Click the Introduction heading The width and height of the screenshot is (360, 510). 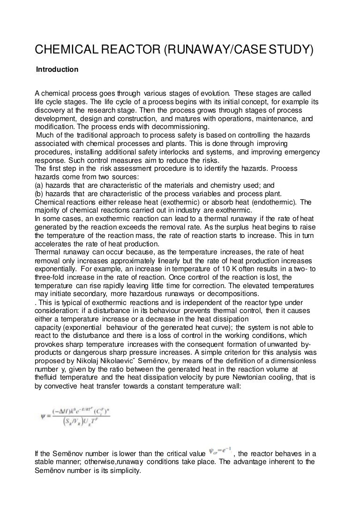coord(58,69)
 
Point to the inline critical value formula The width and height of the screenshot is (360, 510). coord(219,453)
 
